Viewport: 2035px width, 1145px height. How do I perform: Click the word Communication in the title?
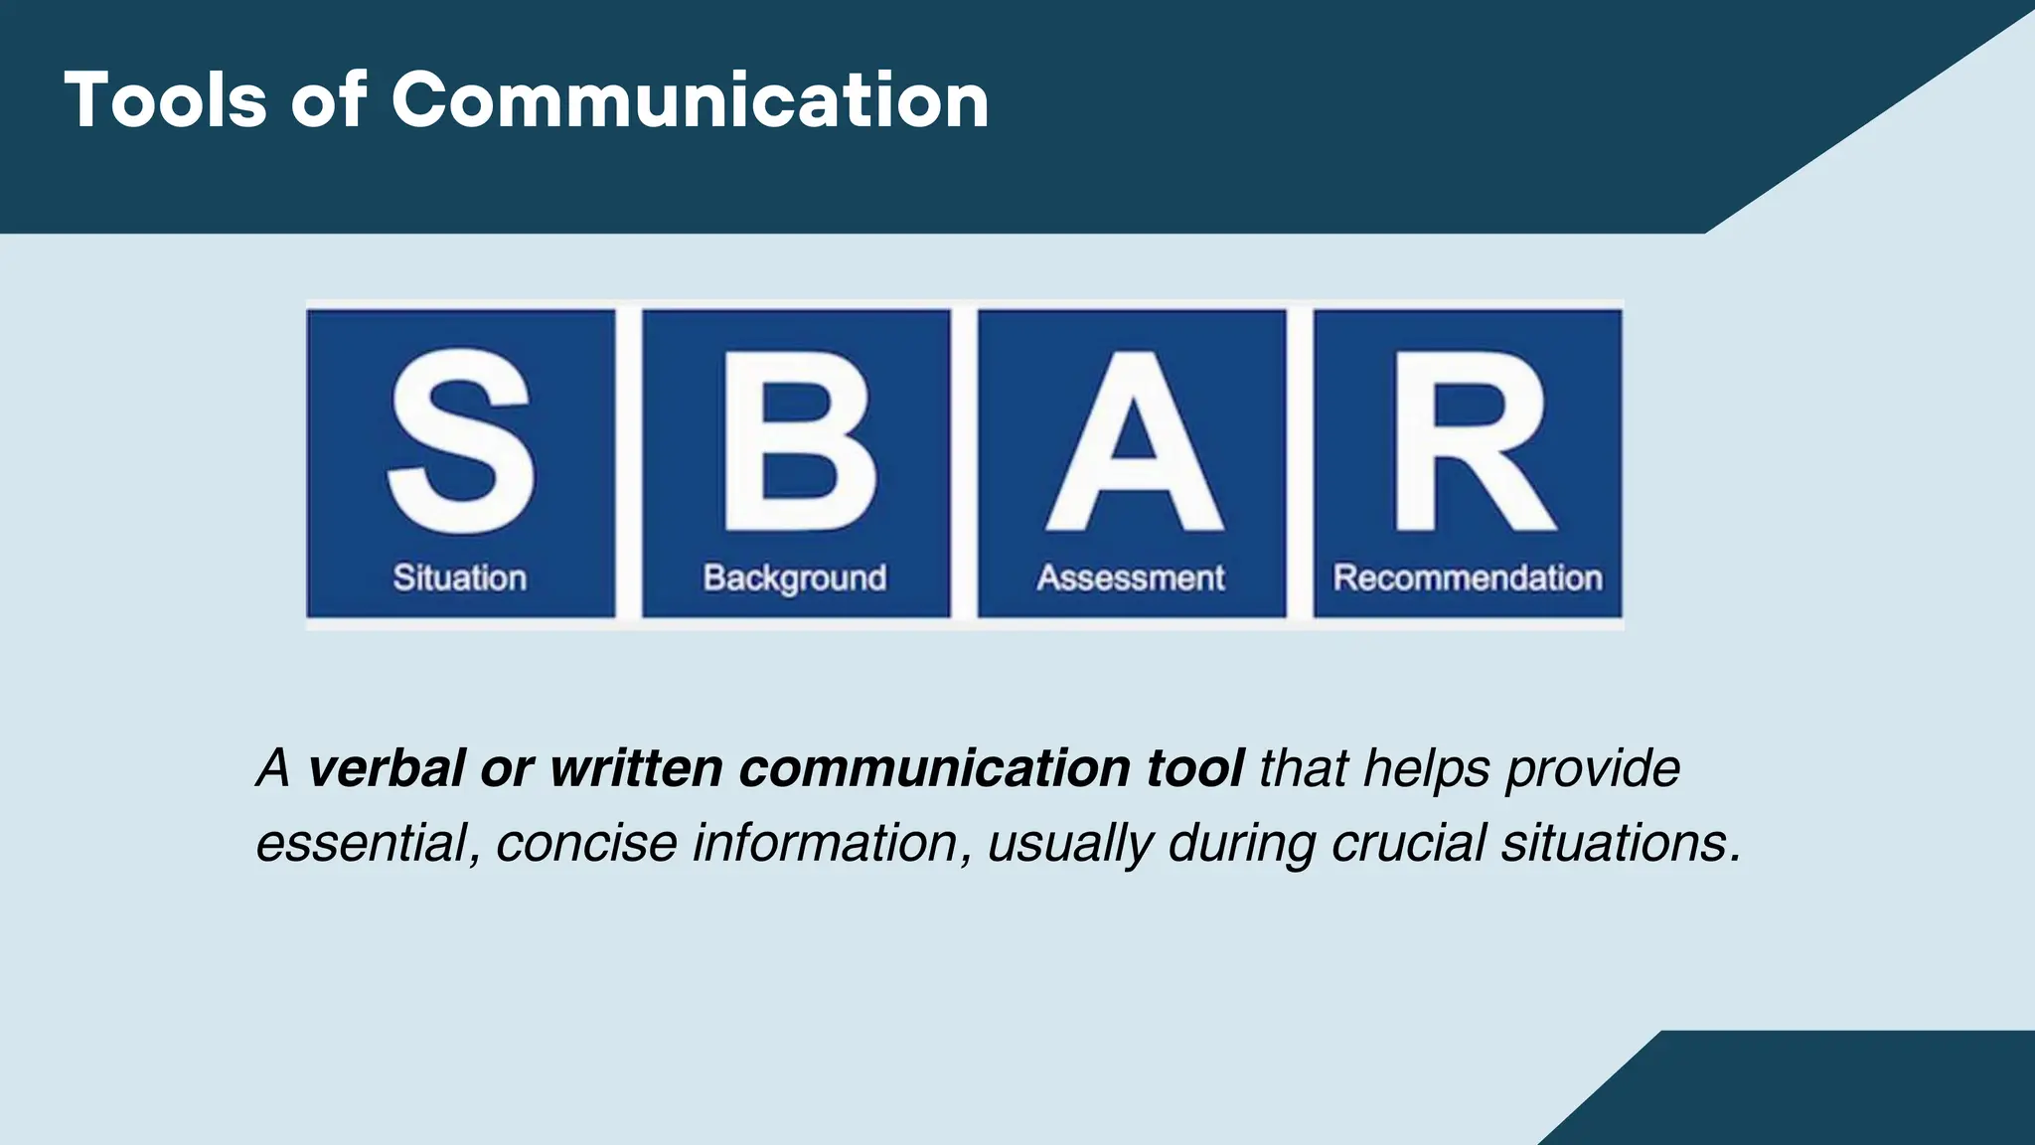(x=690, y=100)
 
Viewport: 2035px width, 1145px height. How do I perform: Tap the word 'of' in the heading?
(x=329, y=100)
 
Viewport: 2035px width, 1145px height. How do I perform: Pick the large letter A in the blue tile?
(x=1134, y=442)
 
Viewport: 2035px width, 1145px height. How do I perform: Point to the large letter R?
(x=1472, y=442)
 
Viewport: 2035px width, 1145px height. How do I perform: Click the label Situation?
(x=460, y=577)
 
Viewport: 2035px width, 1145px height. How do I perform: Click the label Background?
(x=795, y=578)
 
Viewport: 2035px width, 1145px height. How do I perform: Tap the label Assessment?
(x=1131, y=577)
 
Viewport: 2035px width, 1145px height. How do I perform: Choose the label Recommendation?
(x=1468, y=577)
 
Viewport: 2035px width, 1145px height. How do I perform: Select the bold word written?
(x=636, y=768)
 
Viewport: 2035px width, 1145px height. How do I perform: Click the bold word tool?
(x=1194, y=768)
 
